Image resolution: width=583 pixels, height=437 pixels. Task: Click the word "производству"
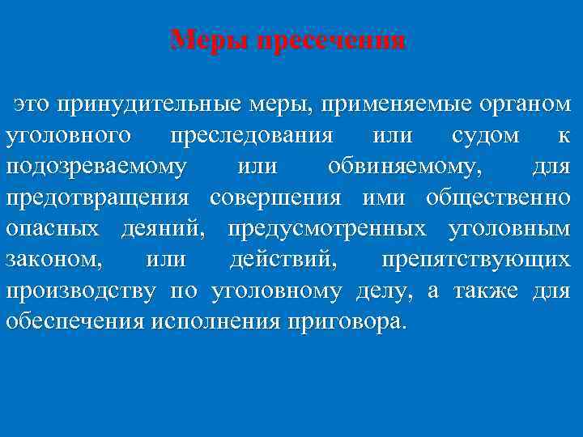pos(80,291)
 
